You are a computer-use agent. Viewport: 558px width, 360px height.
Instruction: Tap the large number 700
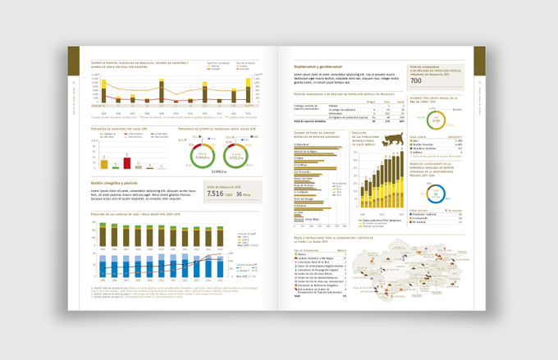[x=416, y=81]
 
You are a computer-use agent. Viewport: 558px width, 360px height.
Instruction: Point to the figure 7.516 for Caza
[x=214, y=194]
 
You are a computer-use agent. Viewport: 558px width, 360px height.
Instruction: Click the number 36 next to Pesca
[x=240, y=194]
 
